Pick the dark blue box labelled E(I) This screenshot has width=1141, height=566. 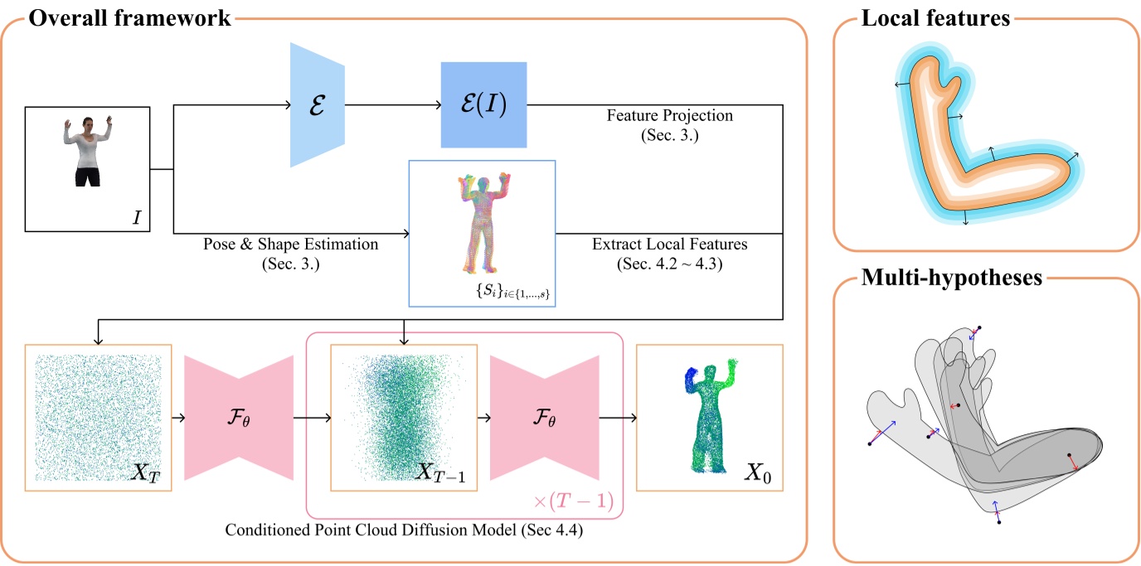[x=483, y=105]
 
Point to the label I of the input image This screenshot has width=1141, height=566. [x=136, y=218]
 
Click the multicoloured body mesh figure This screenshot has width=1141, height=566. [x=482, y=223]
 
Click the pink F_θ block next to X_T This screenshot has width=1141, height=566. [x=238, y=418]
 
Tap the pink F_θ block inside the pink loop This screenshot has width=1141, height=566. [x=544, y=418]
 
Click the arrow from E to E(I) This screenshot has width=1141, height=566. [x=390, y=105]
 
